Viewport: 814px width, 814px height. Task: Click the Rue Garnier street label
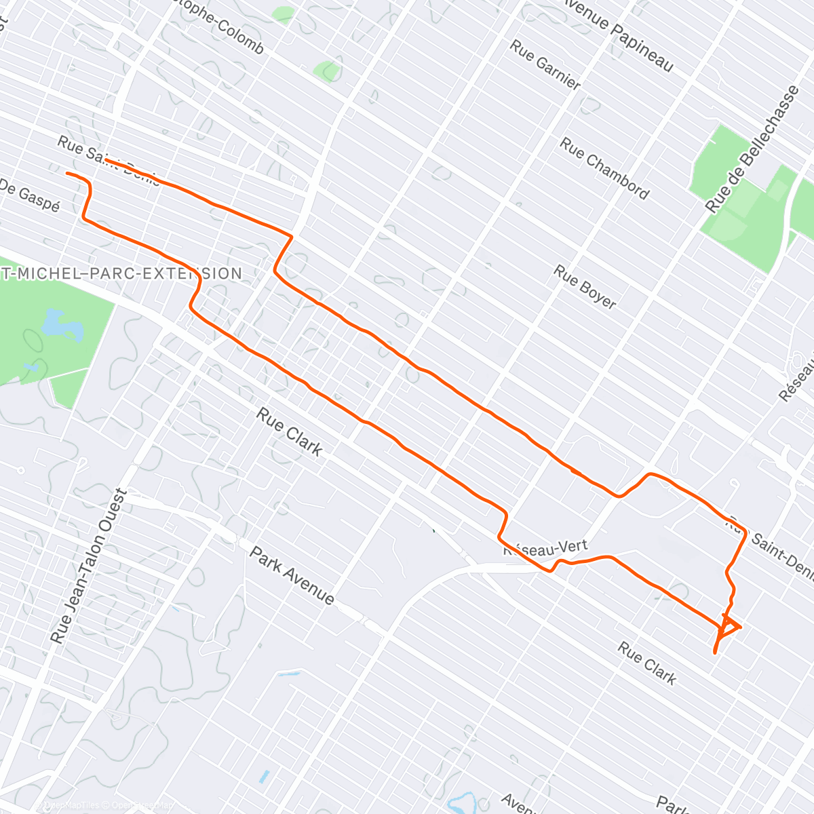point(545,65)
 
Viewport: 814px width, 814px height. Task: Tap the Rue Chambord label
point(604,168)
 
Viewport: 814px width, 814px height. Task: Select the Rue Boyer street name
point(585,287)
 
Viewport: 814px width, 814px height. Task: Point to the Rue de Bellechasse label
point(752,149)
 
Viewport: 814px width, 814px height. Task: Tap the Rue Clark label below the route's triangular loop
point(647,663)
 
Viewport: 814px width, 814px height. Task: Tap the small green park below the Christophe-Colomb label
point(328,71)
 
